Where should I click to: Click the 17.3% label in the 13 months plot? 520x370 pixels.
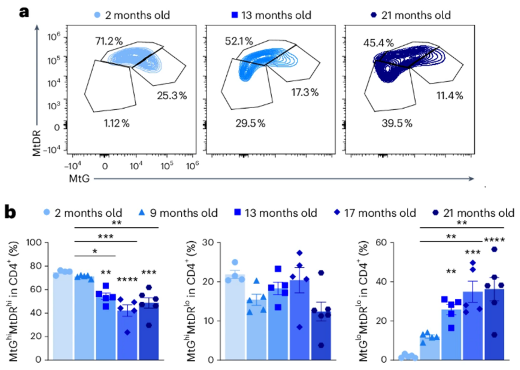pyautogui.click(x=305, y=92)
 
